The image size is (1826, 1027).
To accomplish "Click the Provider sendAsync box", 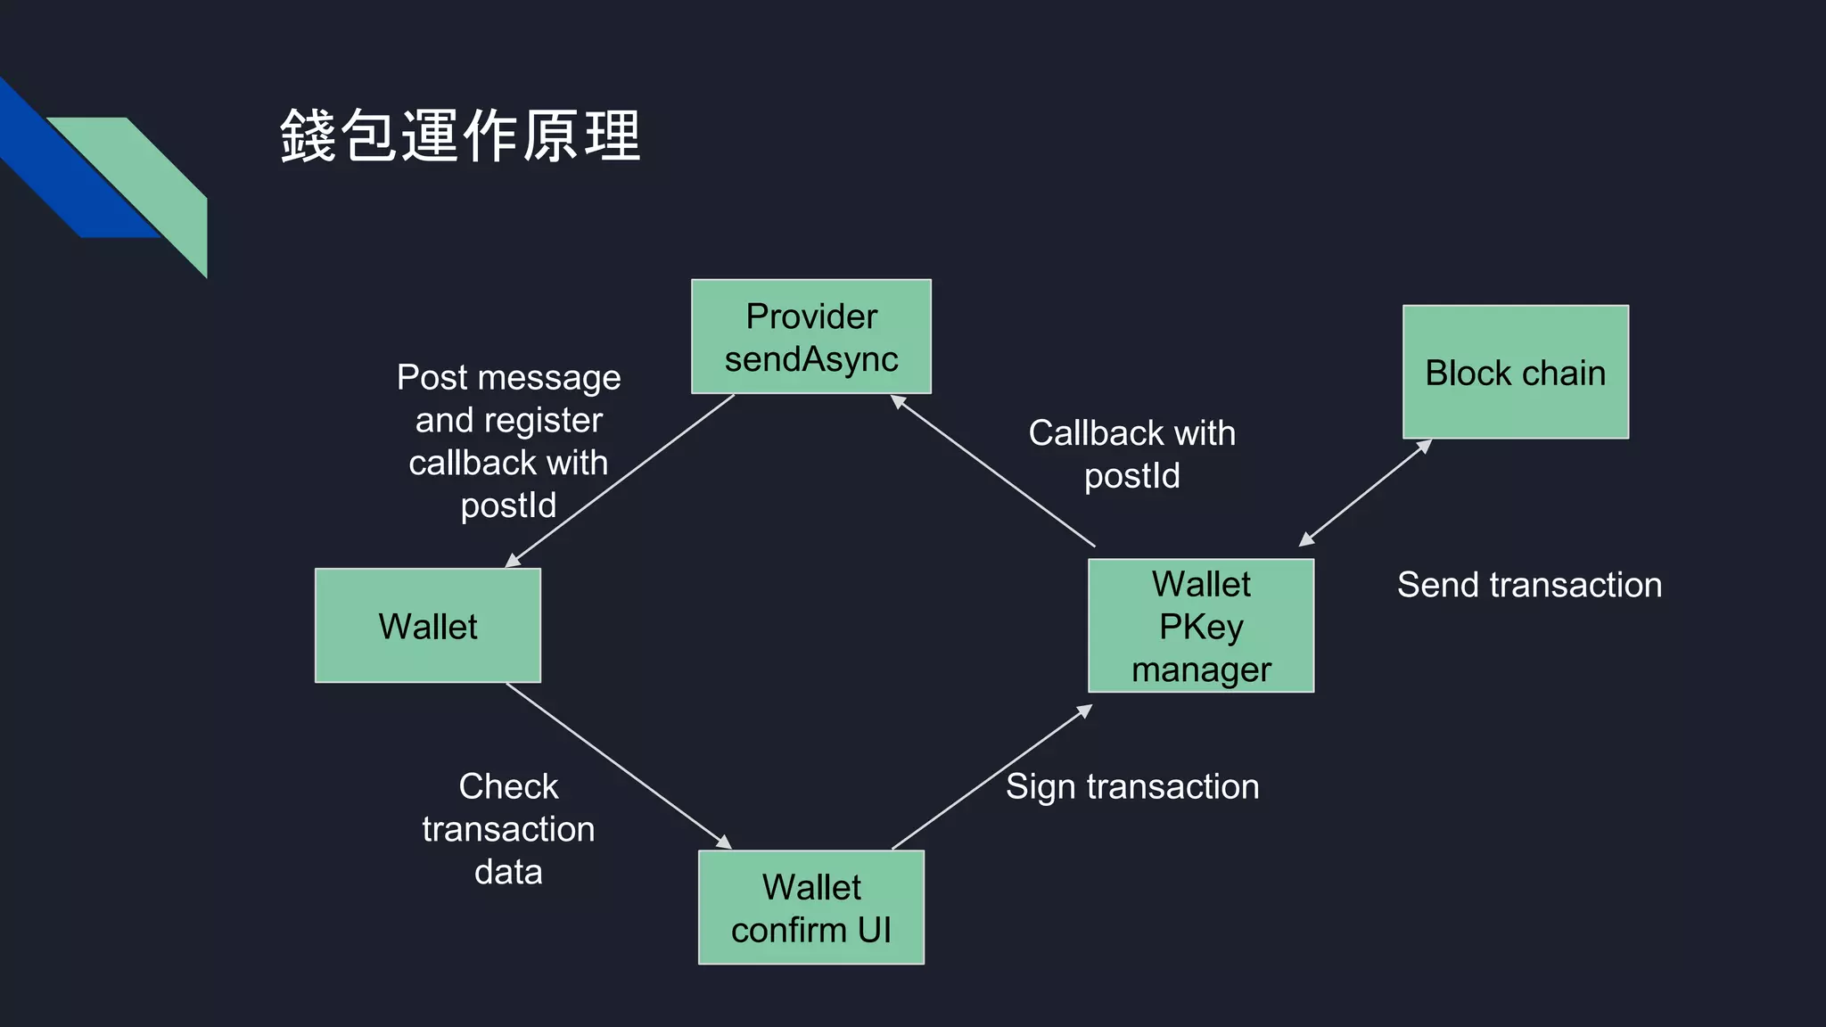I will coord(810,336).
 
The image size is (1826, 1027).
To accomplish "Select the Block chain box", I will coord(1515,372).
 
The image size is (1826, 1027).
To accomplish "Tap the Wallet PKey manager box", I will coord(1200,626).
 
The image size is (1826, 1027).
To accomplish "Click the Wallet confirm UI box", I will coord(810,907).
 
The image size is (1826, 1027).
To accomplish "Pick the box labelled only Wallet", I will coord(427,626).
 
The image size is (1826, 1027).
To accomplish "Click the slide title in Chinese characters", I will coord(460,136).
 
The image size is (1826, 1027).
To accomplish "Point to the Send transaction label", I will coord(1528,585).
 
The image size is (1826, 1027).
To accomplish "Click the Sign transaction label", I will coord(1131,786).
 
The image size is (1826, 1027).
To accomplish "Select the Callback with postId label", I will coord(1131,454).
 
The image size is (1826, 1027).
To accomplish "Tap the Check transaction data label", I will coord(507,828).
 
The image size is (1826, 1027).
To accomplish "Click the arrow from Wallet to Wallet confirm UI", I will coord(619,766).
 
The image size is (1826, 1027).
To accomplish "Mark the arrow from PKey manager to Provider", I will coord(993,472).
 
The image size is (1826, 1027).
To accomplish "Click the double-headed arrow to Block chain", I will coord(1365,492).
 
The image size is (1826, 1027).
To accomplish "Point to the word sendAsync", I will coord(810,359).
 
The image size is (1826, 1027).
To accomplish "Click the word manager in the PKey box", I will coord(1200,670).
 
